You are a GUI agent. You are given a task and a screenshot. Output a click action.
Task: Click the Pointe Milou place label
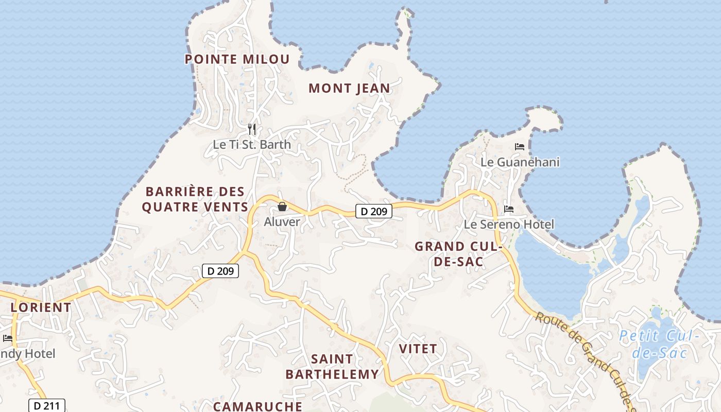tap(237, 59)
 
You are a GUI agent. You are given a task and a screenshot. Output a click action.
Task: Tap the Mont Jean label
tap(349, 89)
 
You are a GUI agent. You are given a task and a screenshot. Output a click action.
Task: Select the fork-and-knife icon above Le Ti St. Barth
tap(252, 129)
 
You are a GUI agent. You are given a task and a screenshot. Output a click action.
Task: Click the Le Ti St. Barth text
tap(252, 145)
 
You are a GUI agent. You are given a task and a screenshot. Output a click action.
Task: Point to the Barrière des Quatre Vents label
tap(195, 199)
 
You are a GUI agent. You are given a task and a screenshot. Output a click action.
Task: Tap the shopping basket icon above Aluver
tap(282, 207)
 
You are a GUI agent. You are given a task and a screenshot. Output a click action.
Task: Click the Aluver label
tap(282, 222)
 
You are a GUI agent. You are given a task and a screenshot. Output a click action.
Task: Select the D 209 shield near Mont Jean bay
tap(374, 211)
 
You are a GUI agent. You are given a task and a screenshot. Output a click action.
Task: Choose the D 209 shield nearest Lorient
tap(220, 271)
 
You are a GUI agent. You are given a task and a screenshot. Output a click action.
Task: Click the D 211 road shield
tap(47, 406)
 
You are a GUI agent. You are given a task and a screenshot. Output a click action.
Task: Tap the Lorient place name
tap(41, 307)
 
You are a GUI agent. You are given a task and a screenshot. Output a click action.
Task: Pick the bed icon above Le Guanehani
tap(520, 147)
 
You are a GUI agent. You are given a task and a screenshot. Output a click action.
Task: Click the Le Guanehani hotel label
tap(520, 162)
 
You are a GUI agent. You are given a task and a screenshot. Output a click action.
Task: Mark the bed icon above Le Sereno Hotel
tap(509, 209)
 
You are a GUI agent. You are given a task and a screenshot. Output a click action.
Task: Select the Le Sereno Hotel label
tap(509, 225)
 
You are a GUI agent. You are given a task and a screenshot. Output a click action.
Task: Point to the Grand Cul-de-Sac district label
tap(458, 254)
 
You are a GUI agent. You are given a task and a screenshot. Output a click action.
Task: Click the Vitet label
tap(418, 349)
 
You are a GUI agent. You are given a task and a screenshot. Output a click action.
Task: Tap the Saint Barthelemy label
tap(332, 367)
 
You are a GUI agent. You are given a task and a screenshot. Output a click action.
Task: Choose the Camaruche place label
tap(257, 406)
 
